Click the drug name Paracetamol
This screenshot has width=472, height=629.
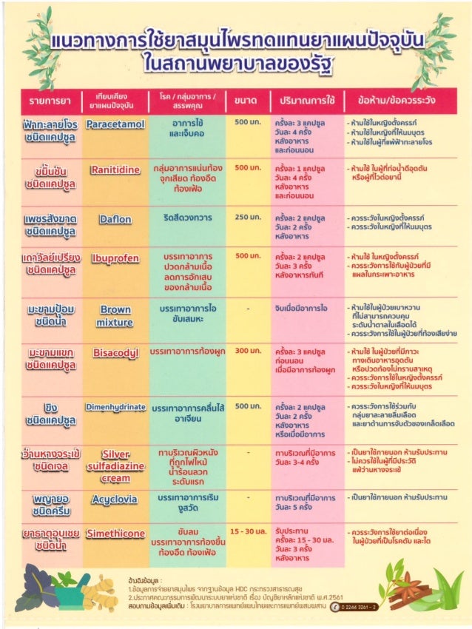(x=115, y=124)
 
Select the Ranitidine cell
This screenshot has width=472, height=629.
(x=115, y=170)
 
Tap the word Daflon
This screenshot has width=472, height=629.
(x=115, y=219)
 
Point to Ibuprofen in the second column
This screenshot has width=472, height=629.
(x=115, y=258)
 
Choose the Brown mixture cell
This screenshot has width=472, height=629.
(x=115, y=316)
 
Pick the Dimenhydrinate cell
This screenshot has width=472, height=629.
(x=115, y=406)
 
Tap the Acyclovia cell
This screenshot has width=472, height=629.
(x=115, y=500)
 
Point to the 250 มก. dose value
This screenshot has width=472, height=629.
(x=248, y=218)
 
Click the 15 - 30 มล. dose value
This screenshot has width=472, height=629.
(x=248, y=531)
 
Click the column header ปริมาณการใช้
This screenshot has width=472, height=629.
(x=307, y=100)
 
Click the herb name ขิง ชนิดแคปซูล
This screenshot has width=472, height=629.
(x=50, y=413)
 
